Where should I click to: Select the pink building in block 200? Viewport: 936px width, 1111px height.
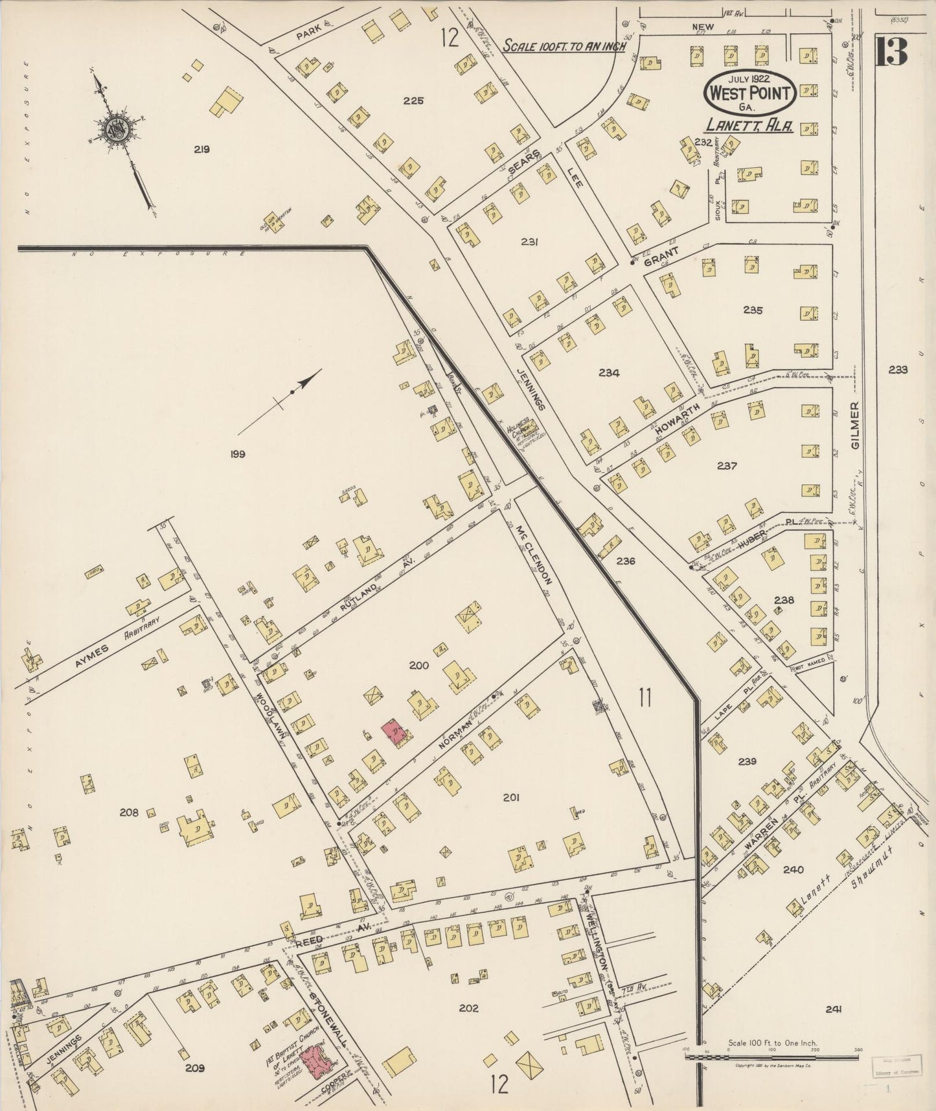point(393,732)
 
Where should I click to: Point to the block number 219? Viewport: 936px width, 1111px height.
point(201,149)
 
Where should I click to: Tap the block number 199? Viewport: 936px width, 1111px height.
point(237,454)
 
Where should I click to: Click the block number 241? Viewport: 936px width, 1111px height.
point(833,1009)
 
